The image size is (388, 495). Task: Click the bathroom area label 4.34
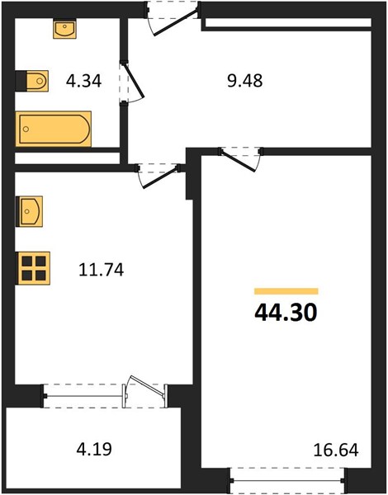[83, 81]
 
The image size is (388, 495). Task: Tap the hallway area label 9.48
[245, 81]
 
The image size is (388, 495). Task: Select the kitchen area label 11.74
[101, 271]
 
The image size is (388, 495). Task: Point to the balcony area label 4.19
[94, 450]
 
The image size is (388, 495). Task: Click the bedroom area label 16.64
[336, 450]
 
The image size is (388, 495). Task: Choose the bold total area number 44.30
[286, 313]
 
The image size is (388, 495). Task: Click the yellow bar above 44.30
[286, 291]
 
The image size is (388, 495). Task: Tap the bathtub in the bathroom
[54, 129]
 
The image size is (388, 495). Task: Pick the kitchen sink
[30, 211]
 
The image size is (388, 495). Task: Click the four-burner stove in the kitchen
[33, 268]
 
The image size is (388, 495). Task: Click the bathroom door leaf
[134, 81]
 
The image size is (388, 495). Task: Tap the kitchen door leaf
[160, 177]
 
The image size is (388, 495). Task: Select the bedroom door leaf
[238, 161]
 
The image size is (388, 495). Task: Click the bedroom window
[287, 480]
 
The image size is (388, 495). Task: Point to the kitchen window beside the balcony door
[84, 396]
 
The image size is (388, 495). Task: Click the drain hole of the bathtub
[26, 129]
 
